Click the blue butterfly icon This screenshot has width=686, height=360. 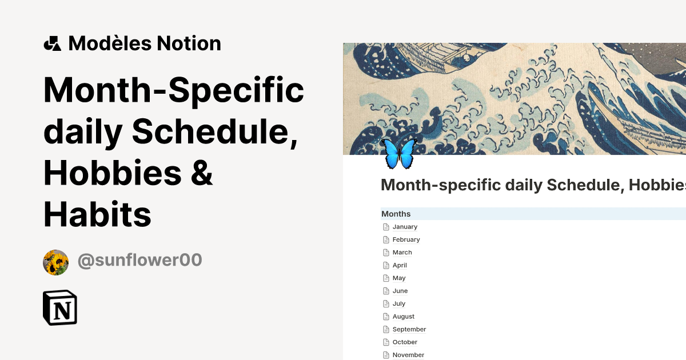coord(399,153)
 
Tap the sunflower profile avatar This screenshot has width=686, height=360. coord(55,262)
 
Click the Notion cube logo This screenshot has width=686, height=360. coord(60,308)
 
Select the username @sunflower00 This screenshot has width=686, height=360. coord(139,260)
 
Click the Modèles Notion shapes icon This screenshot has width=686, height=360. coord(52,43)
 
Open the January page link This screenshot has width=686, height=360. coord(405,227)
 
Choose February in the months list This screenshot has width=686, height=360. coord(406,239)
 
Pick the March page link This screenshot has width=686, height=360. coord(402,253)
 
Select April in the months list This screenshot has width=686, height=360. coord(400,265)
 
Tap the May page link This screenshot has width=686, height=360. coord(399,278)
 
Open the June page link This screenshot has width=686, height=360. coord(400,291)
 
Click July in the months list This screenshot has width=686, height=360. coord(399,304)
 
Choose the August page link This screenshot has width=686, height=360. coord(404,317)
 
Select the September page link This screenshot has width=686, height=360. coord(409,330)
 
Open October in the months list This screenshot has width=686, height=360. coord(405,342)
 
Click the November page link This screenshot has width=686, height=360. coord(408,355)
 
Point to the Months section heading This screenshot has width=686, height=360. coord(396,214)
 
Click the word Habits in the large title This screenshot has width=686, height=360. coord(97,215)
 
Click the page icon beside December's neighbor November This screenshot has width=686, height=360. coord(386,355)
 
